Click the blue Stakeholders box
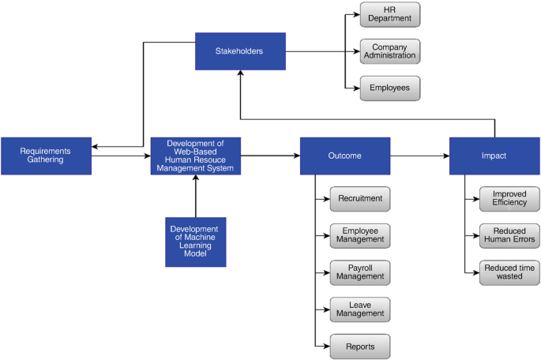240,51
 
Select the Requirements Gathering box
46,156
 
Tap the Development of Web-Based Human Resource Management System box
196,156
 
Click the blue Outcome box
345,156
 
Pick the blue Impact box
494,156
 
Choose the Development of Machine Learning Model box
196,242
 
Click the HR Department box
390,14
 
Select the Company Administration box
390,51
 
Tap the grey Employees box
390,88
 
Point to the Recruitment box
359,198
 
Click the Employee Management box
359,234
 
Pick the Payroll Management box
359,272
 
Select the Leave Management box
359,309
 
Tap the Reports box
359,346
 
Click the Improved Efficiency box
509,198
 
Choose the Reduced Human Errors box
509,234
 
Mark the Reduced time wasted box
509,272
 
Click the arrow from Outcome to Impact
419,156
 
